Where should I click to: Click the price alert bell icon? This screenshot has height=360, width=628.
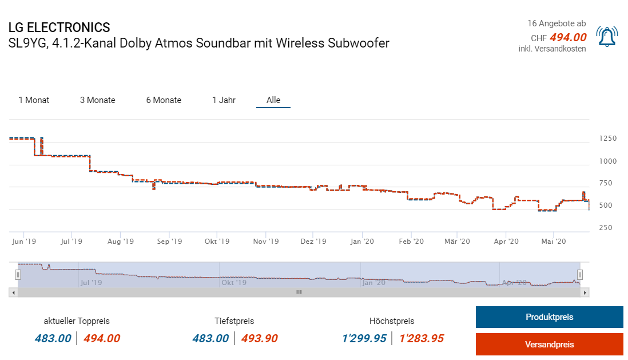point(606,37)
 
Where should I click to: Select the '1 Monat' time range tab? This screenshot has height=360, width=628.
point(34,100)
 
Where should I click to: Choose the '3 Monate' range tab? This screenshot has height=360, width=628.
point(97,100)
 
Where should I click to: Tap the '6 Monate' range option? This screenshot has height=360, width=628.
point(164,100)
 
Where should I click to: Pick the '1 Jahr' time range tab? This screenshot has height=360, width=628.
point(224,100)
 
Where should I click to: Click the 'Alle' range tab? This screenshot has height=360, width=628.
point(273,100)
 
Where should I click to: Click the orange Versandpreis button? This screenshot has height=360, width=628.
point(549,345)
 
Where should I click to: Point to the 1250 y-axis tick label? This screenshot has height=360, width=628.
point(608,139)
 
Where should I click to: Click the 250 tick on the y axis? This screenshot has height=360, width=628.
point(606,228)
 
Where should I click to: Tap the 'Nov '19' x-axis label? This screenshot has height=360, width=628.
point(267,242)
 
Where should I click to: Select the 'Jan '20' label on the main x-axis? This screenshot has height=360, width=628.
point(362,242)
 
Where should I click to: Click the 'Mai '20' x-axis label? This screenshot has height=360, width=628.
point(552,242)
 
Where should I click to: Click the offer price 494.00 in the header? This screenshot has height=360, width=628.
point(568,38)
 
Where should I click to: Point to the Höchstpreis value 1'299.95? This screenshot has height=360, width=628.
point(364,338)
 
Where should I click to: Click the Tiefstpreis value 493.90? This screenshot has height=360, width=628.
point(259,338)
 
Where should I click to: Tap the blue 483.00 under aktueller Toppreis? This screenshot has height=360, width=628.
point(53,338)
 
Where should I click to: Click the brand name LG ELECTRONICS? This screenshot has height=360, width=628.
point(59,27)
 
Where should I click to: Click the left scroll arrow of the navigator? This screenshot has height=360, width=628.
point(13,292)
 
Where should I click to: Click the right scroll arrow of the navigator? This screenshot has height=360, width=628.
point(585,292)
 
